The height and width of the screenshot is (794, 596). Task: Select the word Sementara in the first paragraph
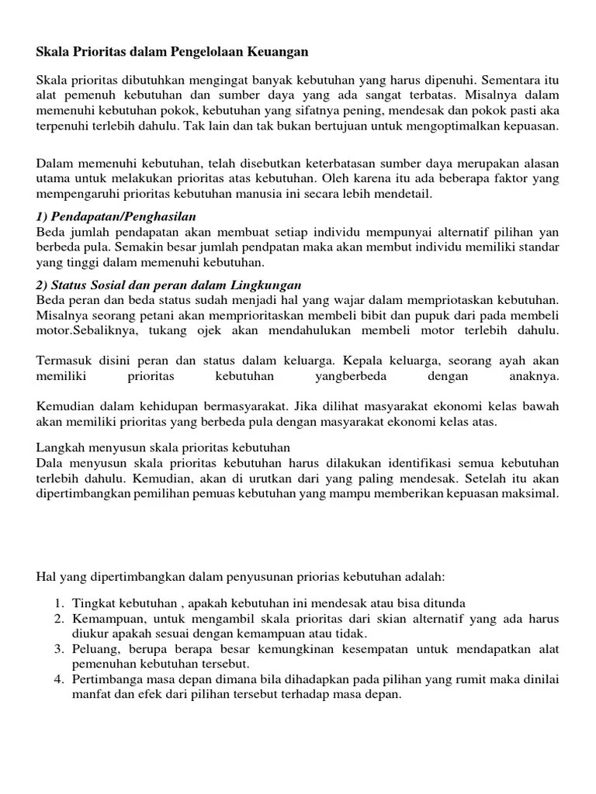[515, 81]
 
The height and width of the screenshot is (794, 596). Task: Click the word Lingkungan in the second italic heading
[267, 285]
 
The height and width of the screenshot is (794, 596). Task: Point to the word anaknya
[533, 376]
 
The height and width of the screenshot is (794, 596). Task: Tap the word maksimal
[530, 494]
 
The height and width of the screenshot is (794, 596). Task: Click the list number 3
[58, 649]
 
